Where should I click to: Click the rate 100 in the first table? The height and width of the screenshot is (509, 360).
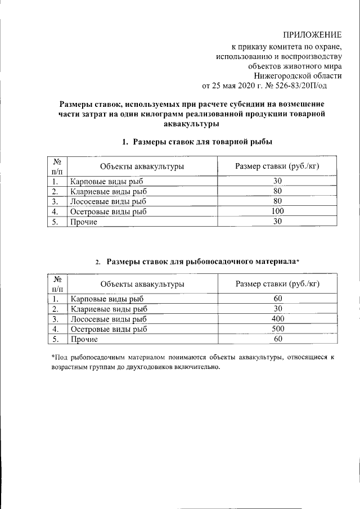277,211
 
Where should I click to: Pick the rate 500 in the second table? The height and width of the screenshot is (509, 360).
277,328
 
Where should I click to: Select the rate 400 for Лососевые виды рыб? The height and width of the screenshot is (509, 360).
277,318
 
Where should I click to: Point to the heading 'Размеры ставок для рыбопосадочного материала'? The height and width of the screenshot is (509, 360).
203,262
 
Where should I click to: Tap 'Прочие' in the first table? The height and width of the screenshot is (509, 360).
84,222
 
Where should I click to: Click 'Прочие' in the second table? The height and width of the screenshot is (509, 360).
84,339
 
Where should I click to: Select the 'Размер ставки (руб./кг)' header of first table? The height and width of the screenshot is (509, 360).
277,166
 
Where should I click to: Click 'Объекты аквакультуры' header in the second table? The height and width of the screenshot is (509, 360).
142,284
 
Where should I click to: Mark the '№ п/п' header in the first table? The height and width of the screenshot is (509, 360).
56,166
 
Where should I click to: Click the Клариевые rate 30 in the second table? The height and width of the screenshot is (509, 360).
277,308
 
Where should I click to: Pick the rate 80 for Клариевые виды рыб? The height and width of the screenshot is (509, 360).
277,191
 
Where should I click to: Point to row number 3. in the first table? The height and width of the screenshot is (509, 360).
55,201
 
